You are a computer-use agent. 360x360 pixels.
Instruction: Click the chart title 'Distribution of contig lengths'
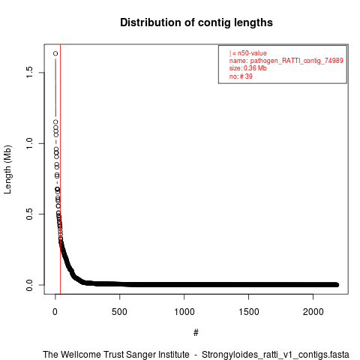click(196, 22)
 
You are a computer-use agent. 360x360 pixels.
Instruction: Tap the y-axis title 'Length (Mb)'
click(7, 169)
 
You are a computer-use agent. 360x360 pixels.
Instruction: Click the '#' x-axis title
click(196, 332)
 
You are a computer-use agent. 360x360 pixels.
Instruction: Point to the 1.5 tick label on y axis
click(29, 72)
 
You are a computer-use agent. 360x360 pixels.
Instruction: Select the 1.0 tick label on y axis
click(29, 143)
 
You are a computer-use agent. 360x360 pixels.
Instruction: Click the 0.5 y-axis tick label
click(29, 214)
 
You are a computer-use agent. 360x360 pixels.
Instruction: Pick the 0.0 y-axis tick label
click(29, 285)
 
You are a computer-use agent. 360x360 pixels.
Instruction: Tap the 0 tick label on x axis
click(55, 312)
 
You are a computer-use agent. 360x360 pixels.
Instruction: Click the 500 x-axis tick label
click(119, 312)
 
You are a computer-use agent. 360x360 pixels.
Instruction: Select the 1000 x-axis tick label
click(184, 312)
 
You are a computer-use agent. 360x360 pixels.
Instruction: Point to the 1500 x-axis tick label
click(249, 312)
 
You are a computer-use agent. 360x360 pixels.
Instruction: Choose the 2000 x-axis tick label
click(313, 312)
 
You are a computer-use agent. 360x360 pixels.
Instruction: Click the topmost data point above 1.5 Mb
click(55, 53)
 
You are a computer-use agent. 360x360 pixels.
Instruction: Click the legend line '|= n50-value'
click(248, 53)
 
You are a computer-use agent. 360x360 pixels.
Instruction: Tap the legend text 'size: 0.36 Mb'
click(248, 68)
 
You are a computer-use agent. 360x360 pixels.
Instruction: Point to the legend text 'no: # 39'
click(241, 76)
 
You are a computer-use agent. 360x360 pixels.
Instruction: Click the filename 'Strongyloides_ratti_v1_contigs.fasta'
click(275, 355)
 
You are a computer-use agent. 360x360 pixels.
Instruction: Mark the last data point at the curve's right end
click(337, 285)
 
